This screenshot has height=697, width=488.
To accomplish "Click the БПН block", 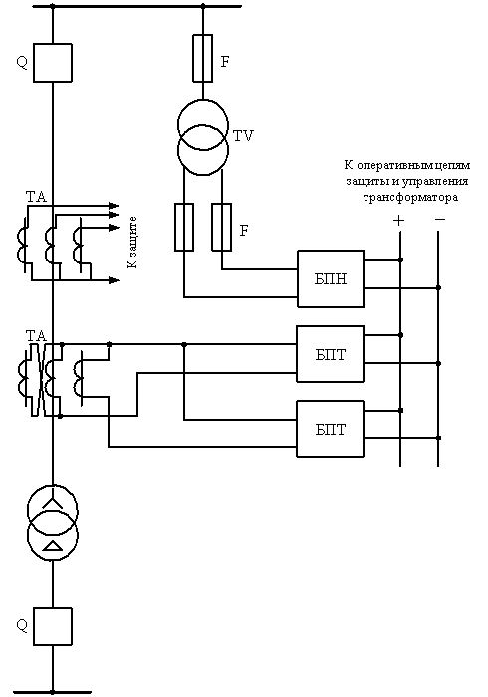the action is click(331, 278).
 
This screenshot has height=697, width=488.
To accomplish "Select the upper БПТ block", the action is click(331, 354).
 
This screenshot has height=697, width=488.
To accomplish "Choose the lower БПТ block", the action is click(331, 429).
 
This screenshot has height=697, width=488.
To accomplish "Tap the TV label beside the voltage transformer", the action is click(243, 135).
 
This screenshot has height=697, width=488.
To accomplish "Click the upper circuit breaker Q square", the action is click(53, 63).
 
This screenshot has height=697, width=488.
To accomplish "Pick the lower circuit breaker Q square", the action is click(53, 625).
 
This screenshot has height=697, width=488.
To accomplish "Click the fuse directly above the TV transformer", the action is click(202, 58).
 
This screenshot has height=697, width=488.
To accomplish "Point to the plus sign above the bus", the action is click(399, 220).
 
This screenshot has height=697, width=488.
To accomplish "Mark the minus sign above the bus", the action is click(440, 219).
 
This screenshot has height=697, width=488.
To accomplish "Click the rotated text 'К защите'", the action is click(132, 243).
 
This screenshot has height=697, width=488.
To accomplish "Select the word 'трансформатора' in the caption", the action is click(410, 197).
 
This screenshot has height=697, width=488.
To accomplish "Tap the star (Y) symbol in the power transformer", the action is click(53, 500).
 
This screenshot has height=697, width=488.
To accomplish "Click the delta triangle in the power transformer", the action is click(53, 546).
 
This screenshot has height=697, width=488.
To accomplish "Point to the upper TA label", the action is click(36, 197).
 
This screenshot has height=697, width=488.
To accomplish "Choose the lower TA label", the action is click(36, 336).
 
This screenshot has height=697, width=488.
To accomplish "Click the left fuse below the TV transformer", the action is click(184, 227).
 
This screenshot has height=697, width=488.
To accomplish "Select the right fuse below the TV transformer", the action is click(221, 227).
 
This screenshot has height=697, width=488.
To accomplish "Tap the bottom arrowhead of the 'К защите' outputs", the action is click(115, 280).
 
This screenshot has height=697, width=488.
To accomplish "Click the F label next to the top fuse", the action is click(225, 62).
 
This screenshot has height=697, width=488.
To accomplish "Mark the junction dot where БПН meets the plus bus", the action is click(400, 260).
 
